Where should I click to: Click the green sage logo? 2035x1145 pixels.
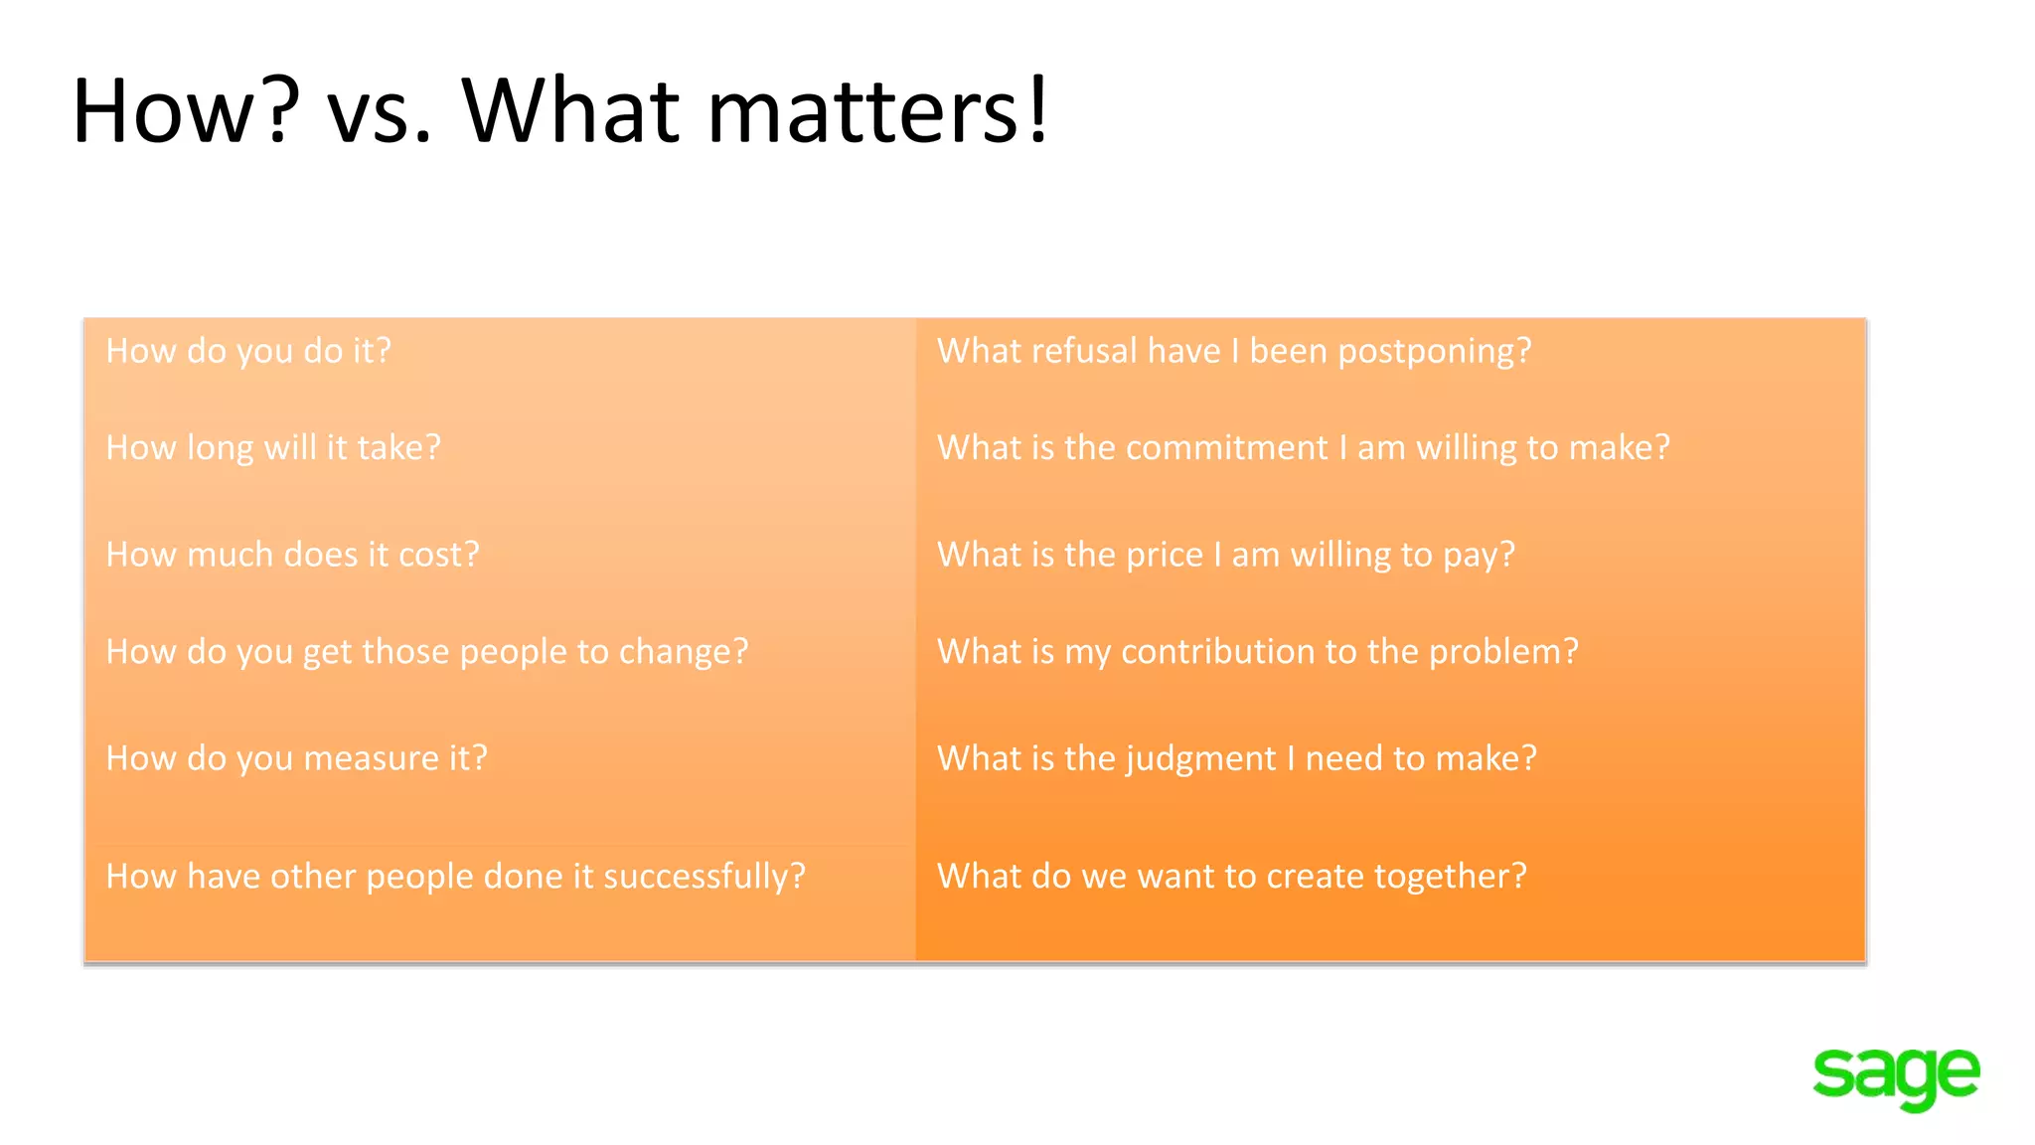coord(1896,1076)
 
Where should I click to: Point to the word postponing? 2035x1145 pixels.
coord(1434,353)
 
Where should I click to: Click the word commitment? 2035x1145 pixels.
coord(1195,448)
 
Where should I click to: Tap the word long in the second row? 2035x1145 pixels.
coord(221,449)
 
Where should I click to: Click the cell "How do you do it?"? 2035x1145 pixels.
coord(248,352)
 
